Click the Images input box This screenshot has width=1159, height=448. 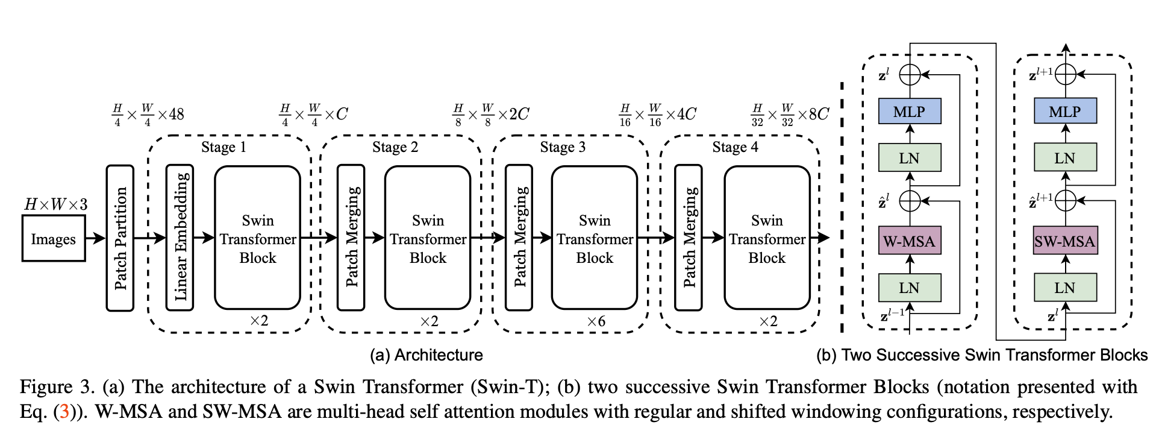tap(54, 239)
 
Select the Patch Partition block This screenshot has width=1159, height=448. tap(120, 238)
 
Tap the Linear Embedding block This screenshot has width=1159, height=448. tap(180, 238)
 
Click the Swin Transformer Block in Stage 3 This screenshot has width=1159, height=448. tap(595, 238)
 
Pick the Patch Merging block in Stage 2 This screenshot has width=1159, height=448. tap(351, 238)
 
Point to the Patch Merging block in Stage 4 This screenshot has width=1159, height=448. tap(689, 238)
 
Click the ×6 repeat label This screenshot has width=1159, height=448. tap(596, 321)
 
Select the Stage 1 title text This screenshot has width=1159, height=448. tap(223, 148)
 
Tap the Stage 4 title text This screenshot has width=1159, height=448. tap(735, 148)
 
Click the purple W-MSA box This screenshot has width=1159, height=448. tap(909, 242)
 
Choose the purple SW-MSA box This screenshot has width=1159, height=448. tap(1064, 242)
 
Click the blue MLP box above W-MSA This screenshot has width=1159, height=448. tap(909, 112)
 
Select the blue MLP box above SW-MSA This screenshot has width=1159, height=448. tap(1064, 112)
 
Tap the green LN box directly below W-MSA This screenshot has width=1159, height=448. tap(909, 288)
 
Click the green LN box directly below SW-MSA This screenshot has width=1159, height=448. tap(1064, 288)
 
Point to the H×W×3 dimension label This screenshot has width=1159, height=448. tap(55, 205)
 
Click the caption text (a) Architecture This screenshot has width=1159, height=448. tap(426, 355)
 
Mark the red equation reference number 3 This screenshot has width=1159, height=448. tap(64, 412)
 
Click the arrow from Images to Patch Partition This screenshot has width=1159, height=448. tap(95, 239)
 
